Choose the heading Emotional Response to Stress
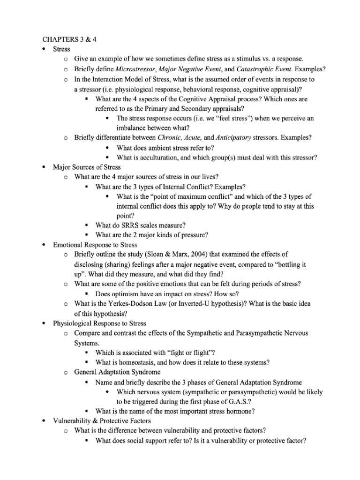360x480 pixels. click(95, 245)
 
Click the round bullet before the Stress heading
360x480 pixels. click(44, 49)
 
